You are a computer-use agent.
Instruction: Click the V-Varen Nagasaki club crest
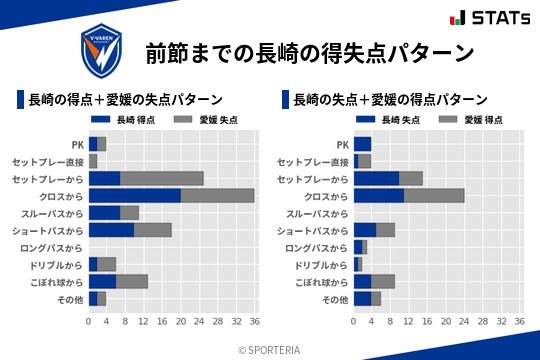click(x=103, y=48)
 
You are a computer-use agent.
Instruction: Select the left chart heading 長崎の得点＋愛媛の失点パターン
click(x=124, y=99)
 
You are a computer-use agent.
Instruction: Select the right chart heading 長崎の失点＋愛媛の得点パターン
click(x=389, y=99)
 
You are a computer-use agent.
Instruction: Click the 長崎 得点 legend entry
click(x=119, y=119)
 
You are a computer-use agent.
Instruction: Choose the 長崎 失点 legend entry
click(x=384, y=119)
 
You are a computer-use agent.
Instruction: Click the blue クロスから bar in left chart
click(x=135, y=195)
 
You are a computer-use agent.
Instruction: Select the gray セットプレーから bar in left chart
click(x=162, y=178)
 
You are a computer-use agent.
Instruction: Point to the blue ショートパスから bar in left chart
click(x=111, y=230)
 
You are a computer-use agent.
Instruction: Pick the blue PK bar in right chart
click(x=362, y=143)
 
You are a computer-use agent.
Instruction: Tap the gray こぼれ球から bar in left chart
click(x=132, y=282)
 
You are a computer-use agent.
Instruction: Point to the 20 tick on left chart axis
click(x=180, y=321)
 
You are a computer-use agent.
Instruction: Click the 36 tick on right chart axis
click(x=518, y=321)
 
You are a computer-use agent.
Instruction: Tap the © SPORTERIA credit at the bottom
click(x=270, y=349)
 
